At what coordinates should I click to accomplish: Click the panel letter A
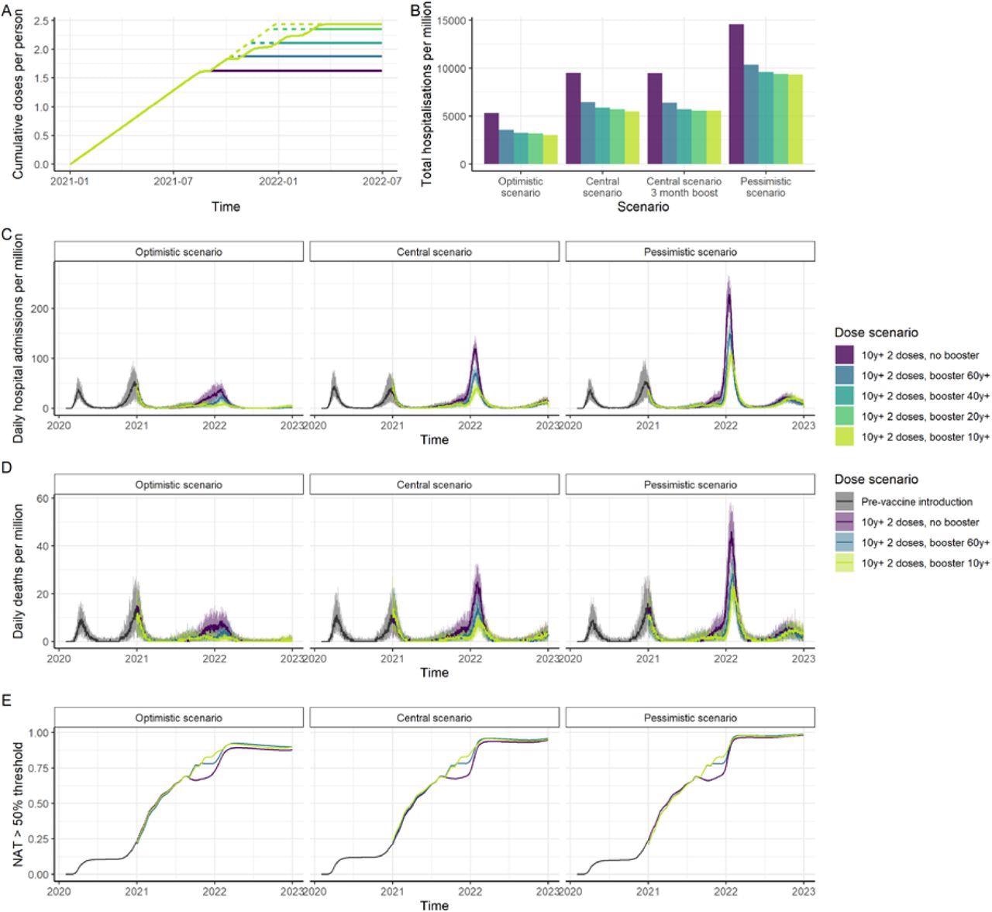coord(6,10)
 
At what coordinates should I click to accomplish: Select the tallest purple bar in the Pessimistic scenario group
coord(736,94)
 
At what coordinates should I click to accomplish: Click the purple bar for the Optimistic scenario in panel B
coord(491,138)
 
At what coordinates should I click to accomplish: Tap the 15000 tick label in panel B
coord(450,21)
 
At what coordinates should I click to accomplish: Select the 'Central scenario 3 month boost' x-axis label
coord(684,187)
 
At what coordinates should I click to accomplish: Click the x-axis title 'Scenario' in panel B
coord(643,207)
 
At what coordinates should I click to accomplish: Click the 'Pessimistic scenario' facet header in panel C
coord(690,252)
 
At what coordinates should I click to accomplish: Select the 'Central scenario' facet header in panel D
coord(434,484)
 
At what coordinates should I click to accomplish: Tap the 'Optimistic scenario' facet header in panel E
coord(178,718)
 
